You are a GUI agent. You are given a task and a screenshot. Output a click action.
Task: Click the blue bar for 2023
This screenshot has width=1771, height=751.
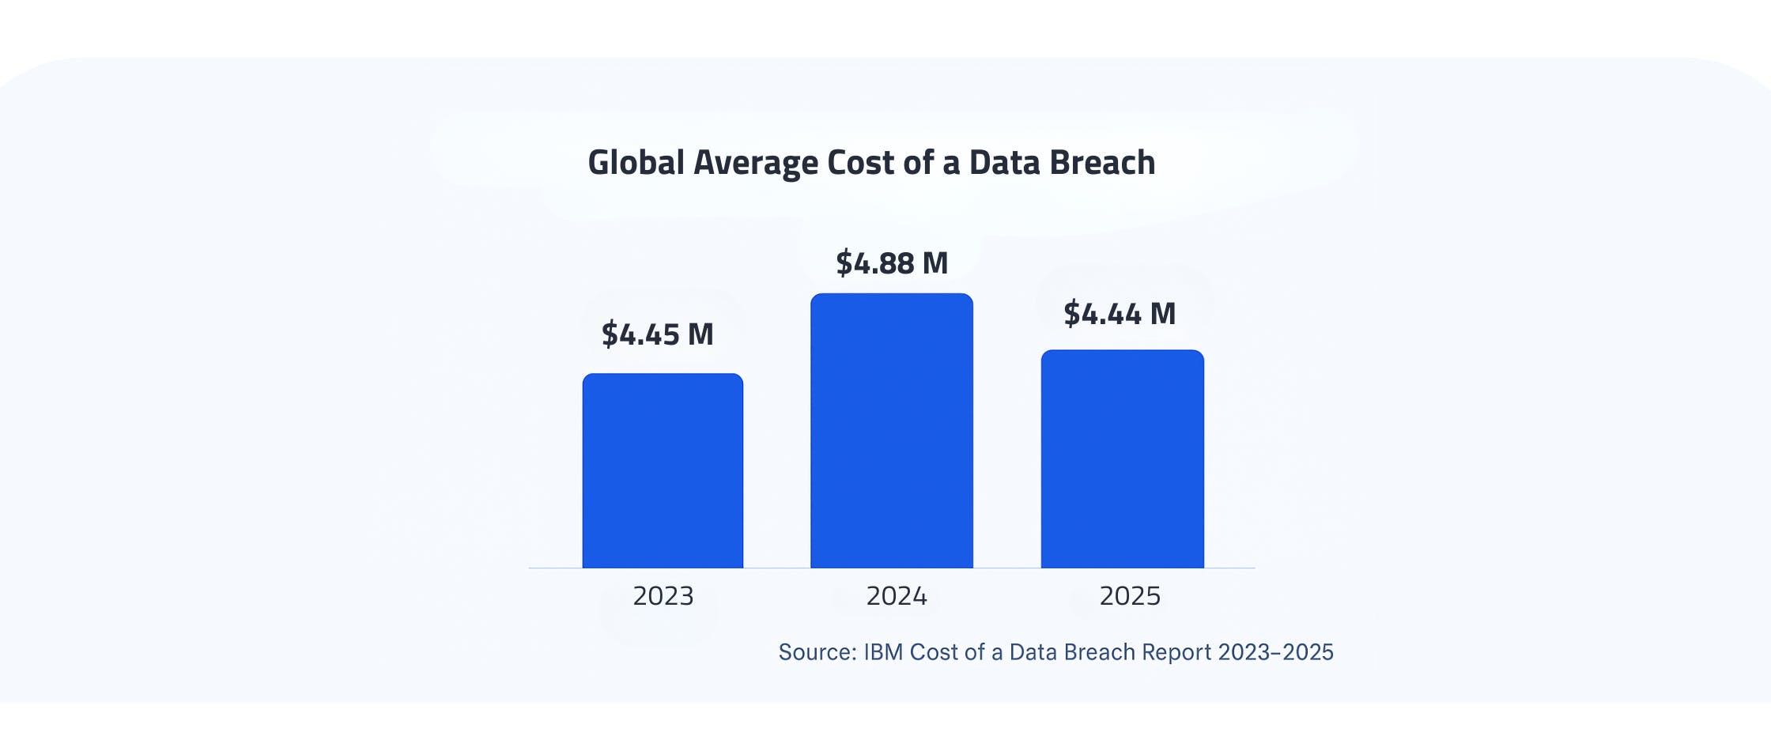click(663, 470)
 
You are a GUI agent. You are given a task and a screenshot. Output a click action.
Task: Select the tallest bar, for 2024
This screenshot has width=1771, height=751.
click(892, 431)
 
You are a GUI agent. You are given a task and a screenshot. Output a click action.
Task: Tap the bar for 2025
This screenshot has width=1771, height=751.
click(1122, 459)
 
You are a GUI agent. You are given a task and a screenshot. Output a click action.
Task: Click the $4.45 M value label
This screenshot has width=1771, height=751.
click(657, 334)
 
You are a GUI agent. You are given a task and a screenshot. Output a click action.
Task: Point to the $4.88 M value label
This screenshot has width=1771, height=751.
click(892, 263)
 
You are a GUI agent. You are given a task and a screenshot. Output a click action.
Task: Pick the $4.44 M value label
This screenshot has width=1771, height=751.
click(1120, 314)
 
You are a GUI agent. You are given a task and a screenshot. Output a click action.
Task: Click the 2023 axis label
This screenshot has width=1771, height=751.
click(663, 596)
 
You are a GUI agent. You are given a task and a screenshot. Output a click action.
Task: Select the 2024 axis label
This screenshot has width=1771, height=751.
click(897, 596)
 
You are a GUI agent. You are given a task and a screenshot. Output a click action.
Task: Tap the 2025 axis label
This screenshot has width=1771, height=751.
click(1130, 596)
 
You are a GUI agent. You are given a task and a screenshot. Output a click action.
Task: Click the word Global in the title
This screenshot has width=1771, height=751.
click(636, 163)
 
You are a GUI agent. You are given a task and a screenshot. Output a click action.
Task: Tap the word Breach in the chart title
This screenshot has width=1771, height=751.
click(1102, 163)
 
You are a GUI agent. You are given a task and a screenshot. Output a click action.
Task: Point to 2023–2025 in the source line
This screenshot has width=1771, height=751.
click(1275, 652)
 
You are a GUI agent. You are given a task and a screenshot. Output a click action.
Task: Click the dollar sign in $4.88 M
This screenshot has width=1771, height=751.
click(844, 263)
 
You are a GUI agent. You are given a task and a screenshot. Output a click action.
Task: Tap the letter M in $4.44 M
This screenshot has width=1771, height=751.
click(1163, 314)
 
